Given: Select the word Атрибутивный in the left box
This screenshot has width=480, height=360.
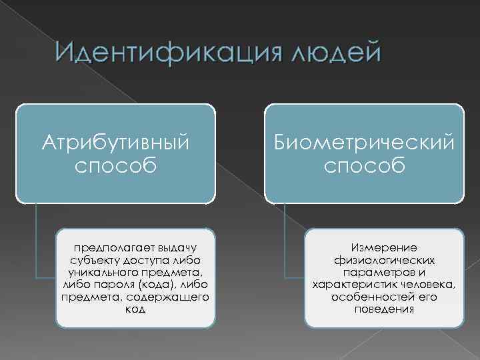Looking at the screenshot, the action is point(116,143).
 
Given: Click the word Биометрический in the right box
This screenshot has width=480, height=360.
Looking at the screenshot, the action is point(364,143).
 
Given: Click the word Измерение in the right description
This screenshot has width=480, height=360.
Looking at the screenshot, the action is point(383,248).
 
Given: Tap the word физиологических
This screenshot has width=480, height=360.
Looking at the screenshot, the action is point(383,259).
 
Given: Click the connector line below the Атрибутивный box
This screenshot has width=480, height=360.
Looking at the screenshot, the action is point(37,240).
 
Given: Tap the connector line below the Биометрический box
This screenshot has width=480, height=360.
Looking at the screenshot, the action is point(285,240).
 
